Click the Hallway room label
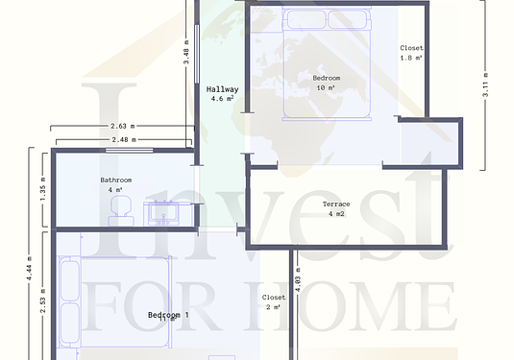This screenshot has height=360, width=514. point(222,89)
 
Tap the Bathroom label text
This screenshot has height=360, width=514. point(116,180)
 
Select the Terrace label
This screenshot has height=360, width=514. point(336,204)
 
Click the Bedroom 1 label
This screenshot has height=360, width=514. point(168,315)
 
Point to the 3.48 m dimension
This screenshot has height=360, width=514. point(186,52)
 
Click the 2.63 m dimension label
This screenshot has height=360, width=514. point(123,126)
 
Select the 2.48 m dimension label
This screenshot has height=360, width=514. point(124,139)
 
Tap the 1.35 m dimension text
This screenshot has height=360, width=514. point(43,189)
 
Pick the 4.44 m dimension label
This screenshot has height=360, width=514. point(29,268)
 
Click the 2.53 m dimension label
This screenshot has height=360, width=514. point(43,300)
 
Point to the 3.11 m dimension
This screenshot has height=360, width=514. point(485,84)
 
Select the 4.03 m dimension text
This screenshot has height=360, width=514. point(298,279)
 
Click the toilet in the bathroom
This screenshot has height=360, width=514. point(121,210)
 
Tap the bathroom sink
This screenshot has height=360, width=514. point(163,213)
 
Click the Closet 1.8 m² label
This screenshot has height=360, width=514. point(411,53)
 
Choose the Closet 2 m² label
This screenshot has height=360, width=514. point(274,302)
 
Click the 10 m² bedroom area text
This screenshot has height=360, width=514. point(326,87)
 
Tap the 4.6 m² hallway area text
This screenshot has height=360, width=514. point(222,98)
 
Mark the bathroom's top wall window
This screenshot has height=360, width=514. point(129,151)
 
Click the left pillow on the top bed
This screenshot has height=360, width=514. point(306,19)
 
